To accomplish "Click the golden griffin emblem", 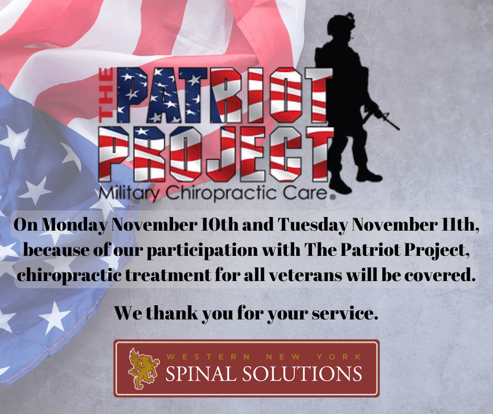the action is coord(143,368).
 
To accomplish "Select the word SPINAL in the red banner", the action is coord(199,374).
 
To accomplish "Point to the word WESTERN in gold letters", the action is coord(208,357).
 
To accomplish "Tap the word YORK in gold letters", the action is coord(339,357).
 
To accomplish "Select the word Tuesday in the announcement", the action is coord(313,225).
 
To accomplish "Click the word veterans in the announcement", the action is coord(306,275).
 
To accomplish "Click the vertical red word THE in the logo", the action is coord(106,95).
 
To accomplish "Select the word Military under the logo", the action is coord(129,193).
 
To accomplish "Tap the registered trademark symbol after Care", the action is coord(333,197).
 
